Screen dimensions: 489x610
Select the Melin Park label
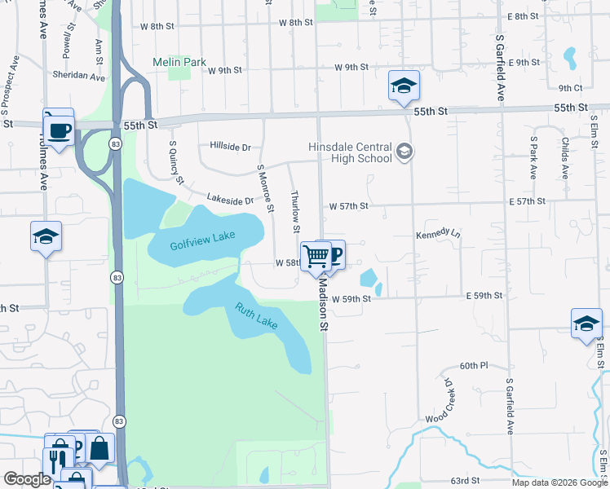tap(179, 62)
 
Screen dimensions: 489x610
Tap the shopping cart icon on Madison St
tap(316, 258)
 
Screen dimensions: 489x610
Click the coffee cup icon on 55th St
tap(60, 130)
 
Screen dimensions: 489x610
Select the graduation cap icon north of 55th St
tap(403, 86)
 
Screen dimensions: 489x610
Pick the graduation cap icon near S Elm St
tap(586, 324)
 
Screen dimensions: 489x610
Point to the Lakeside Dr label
tap(230, 199)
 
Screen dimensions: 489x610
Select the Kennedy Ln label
tap(438, 233)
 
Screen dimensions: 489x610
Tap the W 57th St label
tap(349, 206)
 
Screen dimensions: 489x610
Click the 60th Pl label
tap(472, 366)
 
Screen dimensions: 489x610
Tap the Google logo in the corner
tap(27, 479)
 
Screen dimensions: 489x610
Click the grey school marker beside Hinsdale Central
tap(404, 151)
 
